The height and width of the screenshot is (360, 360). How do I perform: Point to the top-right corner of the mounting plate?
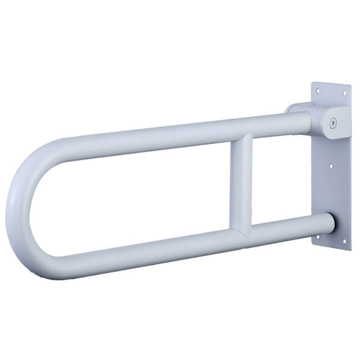click(350, 85)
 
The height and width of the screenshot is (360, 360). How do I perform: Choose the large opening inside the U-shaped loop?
click(132, 192)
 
